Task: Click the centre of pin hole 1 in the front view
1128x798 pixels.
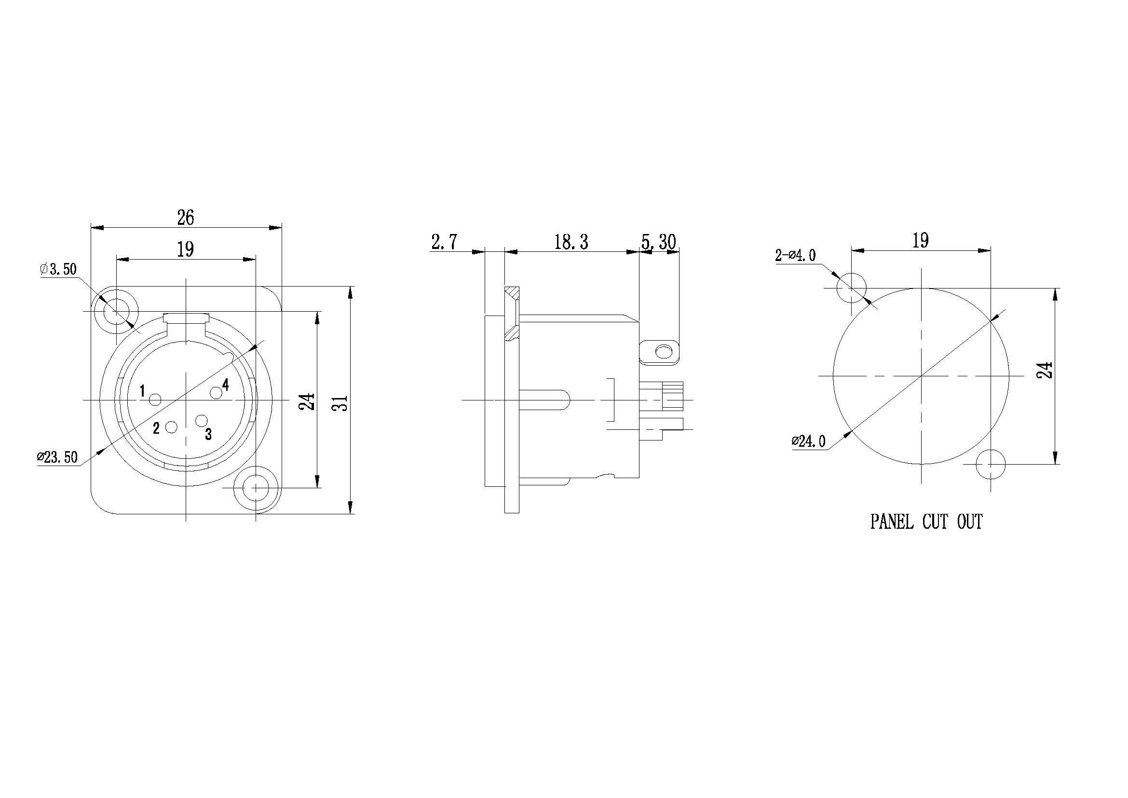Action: click(155, 400)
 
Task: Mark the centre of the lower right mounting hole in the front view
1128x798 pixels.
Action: click(256, 488)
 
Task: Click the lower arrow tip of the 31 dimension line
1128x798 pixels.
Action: click(350, 513)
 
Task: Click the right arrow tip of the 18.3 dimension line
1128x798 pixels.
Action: click(639, 252)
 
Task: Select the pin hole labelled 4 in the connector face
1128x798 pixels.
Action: click(216, 393)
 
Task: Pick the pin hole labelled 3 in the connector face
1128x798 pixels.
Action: click(202, 421)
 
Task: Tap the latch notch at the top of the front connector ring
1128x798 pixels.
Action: click(187, 318)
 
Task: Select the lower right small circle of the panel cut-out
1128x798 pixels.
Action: click(991, 464)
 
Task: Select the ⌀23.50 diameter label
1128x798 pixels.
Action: click(57, 457)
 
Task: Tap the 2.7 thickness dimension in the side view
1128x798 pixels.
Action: click(445, 242)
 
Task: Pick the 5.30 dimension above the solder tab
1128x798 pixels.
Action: click(659, 242)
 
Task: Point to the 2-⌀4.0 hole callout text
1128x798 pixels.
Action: click(795, 256)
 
